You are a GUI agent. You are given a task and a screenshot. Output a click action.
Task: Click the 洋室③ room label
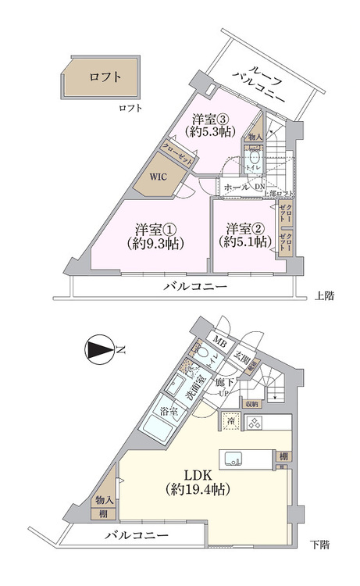(212, 125)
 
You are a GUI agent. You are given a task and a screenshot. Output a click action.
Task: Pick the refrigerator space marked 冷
(231, 422)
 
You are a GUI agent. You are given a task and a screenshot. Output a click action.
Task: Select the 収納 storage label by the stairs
(251, 404)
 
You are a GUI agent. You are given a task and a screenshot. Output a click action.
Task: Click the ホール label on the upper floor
(237, 188)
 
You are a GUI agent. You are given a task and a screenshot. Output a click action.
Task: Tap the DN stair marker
(258, 187)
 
